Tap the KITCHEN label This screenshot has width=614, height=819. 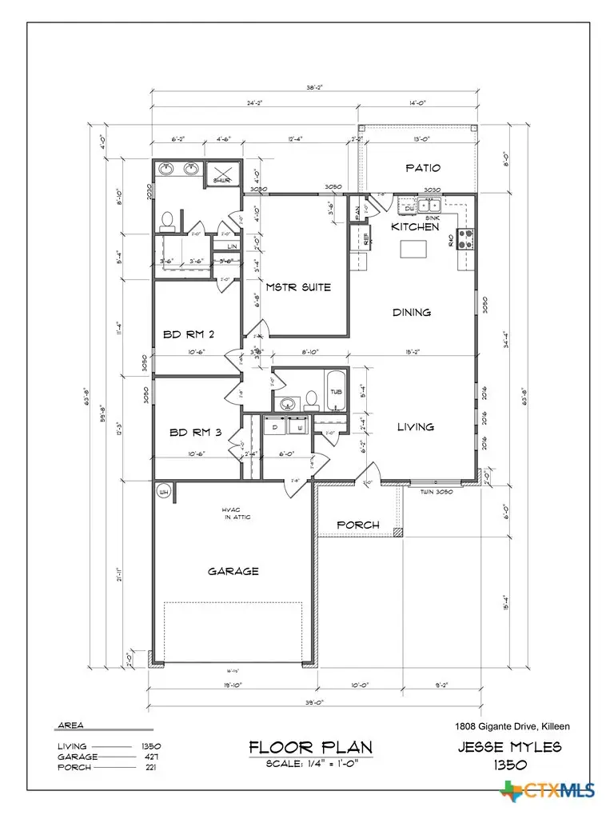click(x=414, y=227)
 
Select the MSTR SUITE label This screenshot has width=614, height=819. click(x=299, y=286)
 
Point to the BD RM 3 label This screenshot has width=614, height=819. click(x=195, y=433)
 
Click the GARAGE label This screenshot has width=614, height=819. click(x=233, y=571)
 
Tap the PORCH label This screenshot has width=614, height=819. click(x=357, y=525)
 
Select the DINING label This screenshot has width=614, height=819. click(x=411, y=312)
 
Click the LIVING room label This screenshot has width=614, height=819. click(x=416, y=427)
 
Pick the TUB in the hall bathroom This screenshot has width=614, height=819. click(x=336, y=392)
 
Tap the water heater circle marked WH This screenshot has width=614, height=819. click(x=164, y=490)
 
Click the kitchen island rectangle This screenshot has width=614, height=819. click(x=413, y=250)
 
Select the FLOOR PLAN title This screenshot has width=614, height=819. click(x=310, y=748)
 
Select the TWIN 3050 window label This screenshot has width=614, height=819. click(x=437, y=492)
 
